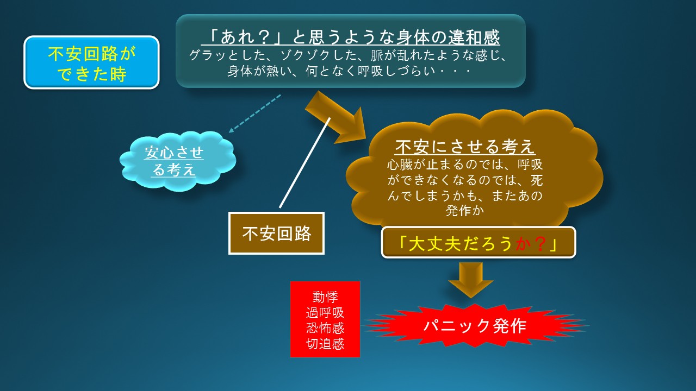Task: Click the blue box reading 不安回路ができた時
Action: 91,62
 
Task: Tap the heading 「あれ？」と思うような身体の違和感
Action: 351,37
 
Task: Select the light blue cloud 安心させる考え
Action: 178,161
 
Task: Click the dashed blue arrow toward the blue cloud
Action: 255,113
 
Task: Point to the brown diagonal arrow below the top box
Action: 335,118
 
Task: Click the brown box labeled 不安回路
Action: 276,234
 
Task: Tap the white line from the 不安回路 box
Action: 305,162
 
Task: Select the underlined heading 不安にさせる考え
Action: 465,147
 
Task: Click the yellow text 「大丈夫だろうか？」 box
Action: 478,243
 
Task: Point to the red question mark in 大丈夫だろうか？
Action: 540,244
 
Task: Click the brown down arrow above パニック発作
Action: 471,280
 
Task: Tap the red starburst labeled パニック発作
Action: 475,325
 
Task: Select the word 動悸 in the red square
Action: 325,297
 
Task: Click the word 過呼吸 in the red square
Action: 325,312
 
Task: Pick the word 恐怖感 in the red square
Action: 325,328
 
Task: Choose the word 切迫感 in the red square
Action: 325,344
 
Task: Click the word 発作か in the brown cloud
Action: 465,211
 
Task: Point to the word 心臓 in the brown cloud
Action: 400,165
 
